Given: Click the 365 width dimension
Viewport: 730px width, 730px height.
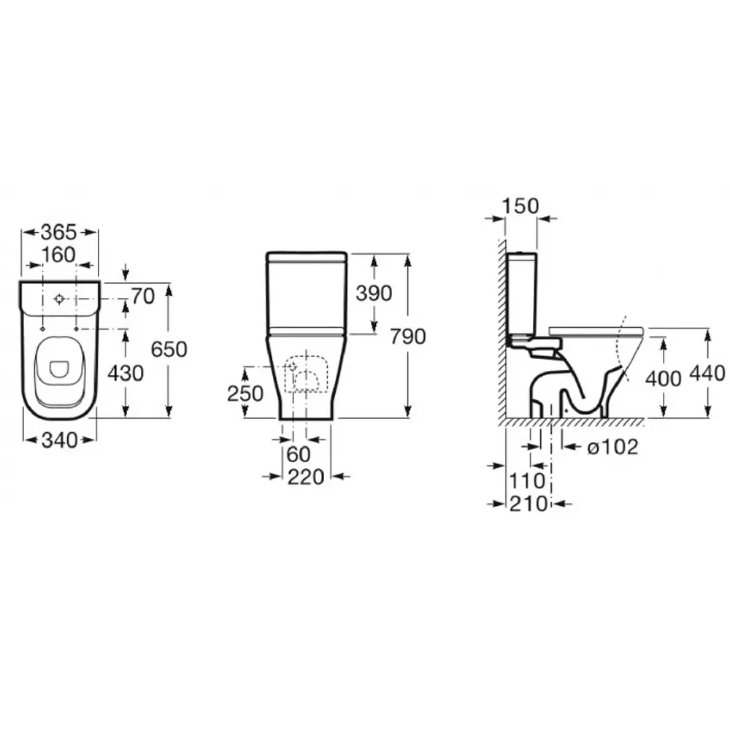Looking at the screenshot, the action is tap(58, 231).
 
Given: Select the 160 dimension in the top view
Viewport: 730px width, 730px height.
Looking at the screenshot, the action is tap(58, 255).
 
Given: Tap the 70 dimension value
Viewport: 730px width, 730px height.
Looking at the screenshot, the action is tap(143, 296).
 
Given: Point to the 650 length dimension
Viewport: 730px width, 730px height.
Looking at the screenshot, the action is tap(169, 349).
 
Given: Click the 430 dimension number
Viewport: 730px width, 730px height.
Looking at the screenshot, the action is tap(126, 373).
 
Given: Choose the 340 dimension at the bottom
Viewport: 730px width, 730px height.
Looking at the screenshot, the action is tap(60, 440).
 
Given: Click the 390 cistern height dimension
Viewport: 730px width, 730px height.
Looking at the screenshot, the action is tap(374, 293).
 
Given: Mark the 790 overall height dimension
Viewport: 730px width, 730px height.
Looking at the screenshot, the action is tap(408, 337).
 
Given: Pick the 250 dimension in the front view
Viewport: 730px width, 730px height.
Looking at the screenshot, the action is tap(245, 394).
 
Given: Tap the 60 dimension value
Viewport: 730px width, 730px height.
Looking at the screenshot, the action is tap(299, 454).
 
